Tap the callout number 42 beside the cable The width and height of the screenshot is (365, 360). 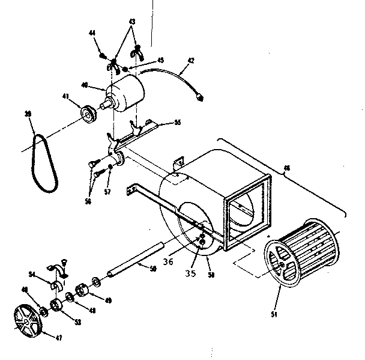pos(192,60)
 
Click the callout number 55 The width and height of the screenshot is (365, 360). pos(177,122)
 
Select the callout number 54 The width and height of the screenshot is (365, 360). pos(34,274)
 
